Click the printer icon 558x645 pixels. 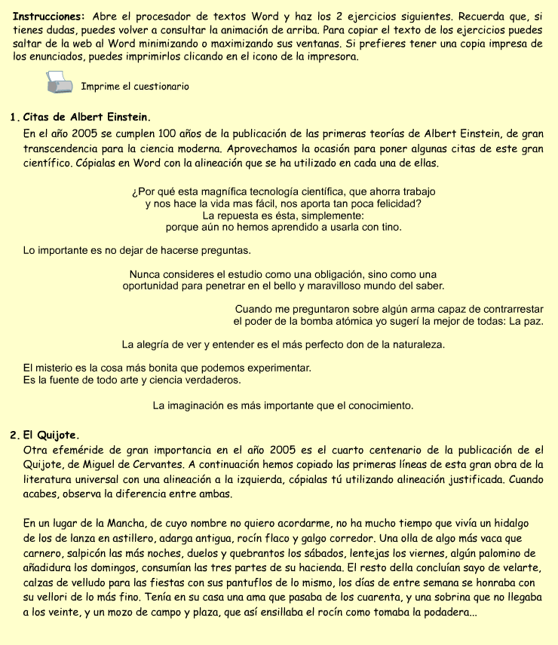(x=58, y=82)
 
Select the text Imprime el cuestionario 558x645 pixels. (x=135, y=87)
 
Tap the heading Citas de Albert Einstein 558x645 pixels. (x=87, y=118)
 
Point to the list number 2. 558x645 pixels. (x=14, y=436)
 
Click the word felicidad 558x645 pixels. (x=394, y=203)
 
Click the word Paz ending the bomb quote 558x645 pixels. (x=532, y=321)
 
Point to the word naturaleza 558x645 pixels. (x=414, y=344)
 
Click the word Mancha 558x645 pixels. (x=127, y=523)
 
